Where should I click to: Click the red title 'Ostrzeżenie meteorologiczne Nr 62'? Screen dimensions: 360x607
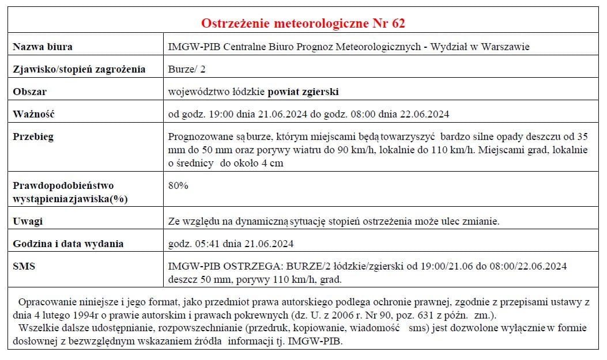[303, 24]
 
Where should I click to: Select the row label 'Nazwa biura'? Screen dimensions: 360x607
[43, 47]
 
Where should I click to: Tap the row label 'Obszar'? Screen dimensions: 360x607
[29, 92]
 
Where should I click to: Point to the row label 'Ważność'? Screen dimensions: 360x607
[33, 113]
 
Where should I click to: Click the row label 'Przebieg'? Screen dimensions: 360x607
[33, 137]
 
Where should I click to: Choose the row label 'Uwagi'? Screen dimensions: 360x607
[28, 221]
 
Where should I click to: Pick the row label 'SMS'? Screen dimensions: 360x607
[24, 266]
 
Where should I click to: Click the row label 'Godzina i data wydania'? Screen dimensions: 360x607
[68, 244]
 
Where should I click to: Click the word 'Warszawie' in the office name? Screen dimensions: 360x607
[507, 47]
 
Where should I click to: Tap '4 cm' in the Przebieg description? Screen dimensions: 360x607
[273, 163]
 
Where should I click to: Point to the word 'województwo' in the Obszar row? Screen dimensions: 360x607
[195, 92]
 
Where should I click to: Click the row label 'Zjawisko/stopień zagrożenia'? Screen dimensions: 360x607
[79, 69]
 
